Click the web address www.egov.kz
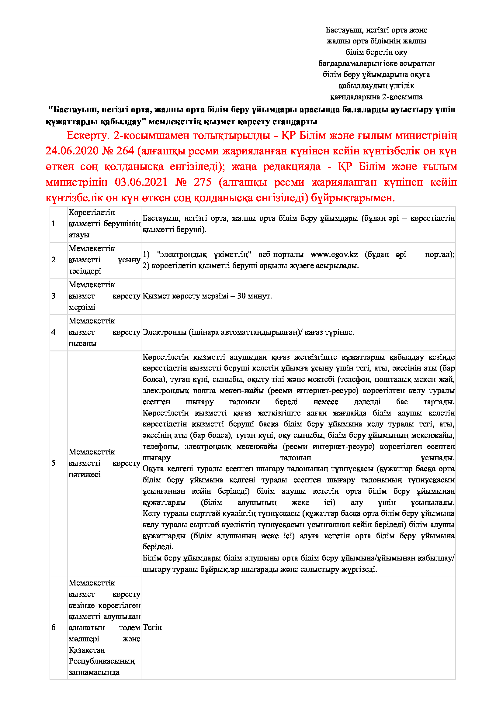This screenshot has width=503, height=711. [x=334, y=254]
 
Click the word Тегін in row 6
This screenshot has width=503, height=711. [x=152, y=627]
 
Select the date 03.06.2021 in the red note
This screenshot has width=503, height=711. [x=141, y=182]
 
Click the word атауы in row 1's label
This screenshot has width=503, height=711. [x=79, y=235]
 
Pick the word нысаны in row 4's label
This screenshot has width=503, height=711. [x=82, y=343]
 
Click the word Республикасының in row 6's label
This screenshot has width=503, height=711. [x=102, y=661]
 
